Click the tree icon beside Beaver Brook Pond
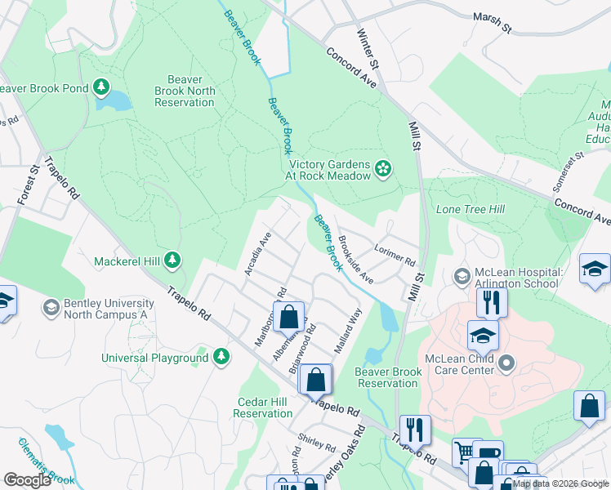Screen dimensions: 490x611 pyautogui.click(x=101, y=87)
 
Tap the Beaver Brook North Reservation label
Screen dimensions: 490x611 pyautogui.click(x=185, y=91)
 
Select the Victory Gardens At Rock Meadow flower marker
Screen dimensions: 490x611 pyautogui.click(x=382, y=169)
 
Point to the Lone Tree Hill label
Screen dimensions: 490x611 pyautogui.click(x=471, y=210)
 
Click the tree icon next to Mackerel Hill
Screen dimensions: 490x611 pyautogui.click(x=172, y=261)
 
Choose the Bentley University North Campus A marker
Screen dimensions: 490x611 pyautogui.click(x=51, y=308)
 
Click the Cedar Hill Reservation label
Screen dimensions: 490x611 pyautogui.click(x=263, y=408)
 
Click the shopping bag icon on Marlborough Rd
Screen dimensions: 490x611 pyautogui.click(x=288, y=315)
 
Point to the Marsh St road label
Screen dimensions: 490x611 pyautogui.click(x=493, y=22)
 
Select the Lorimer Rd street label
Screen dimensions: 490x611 pyautogui.click(x=395, y=256)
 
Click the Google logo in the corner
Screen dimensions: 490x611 pyautogui.click(x=28, y=480)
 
